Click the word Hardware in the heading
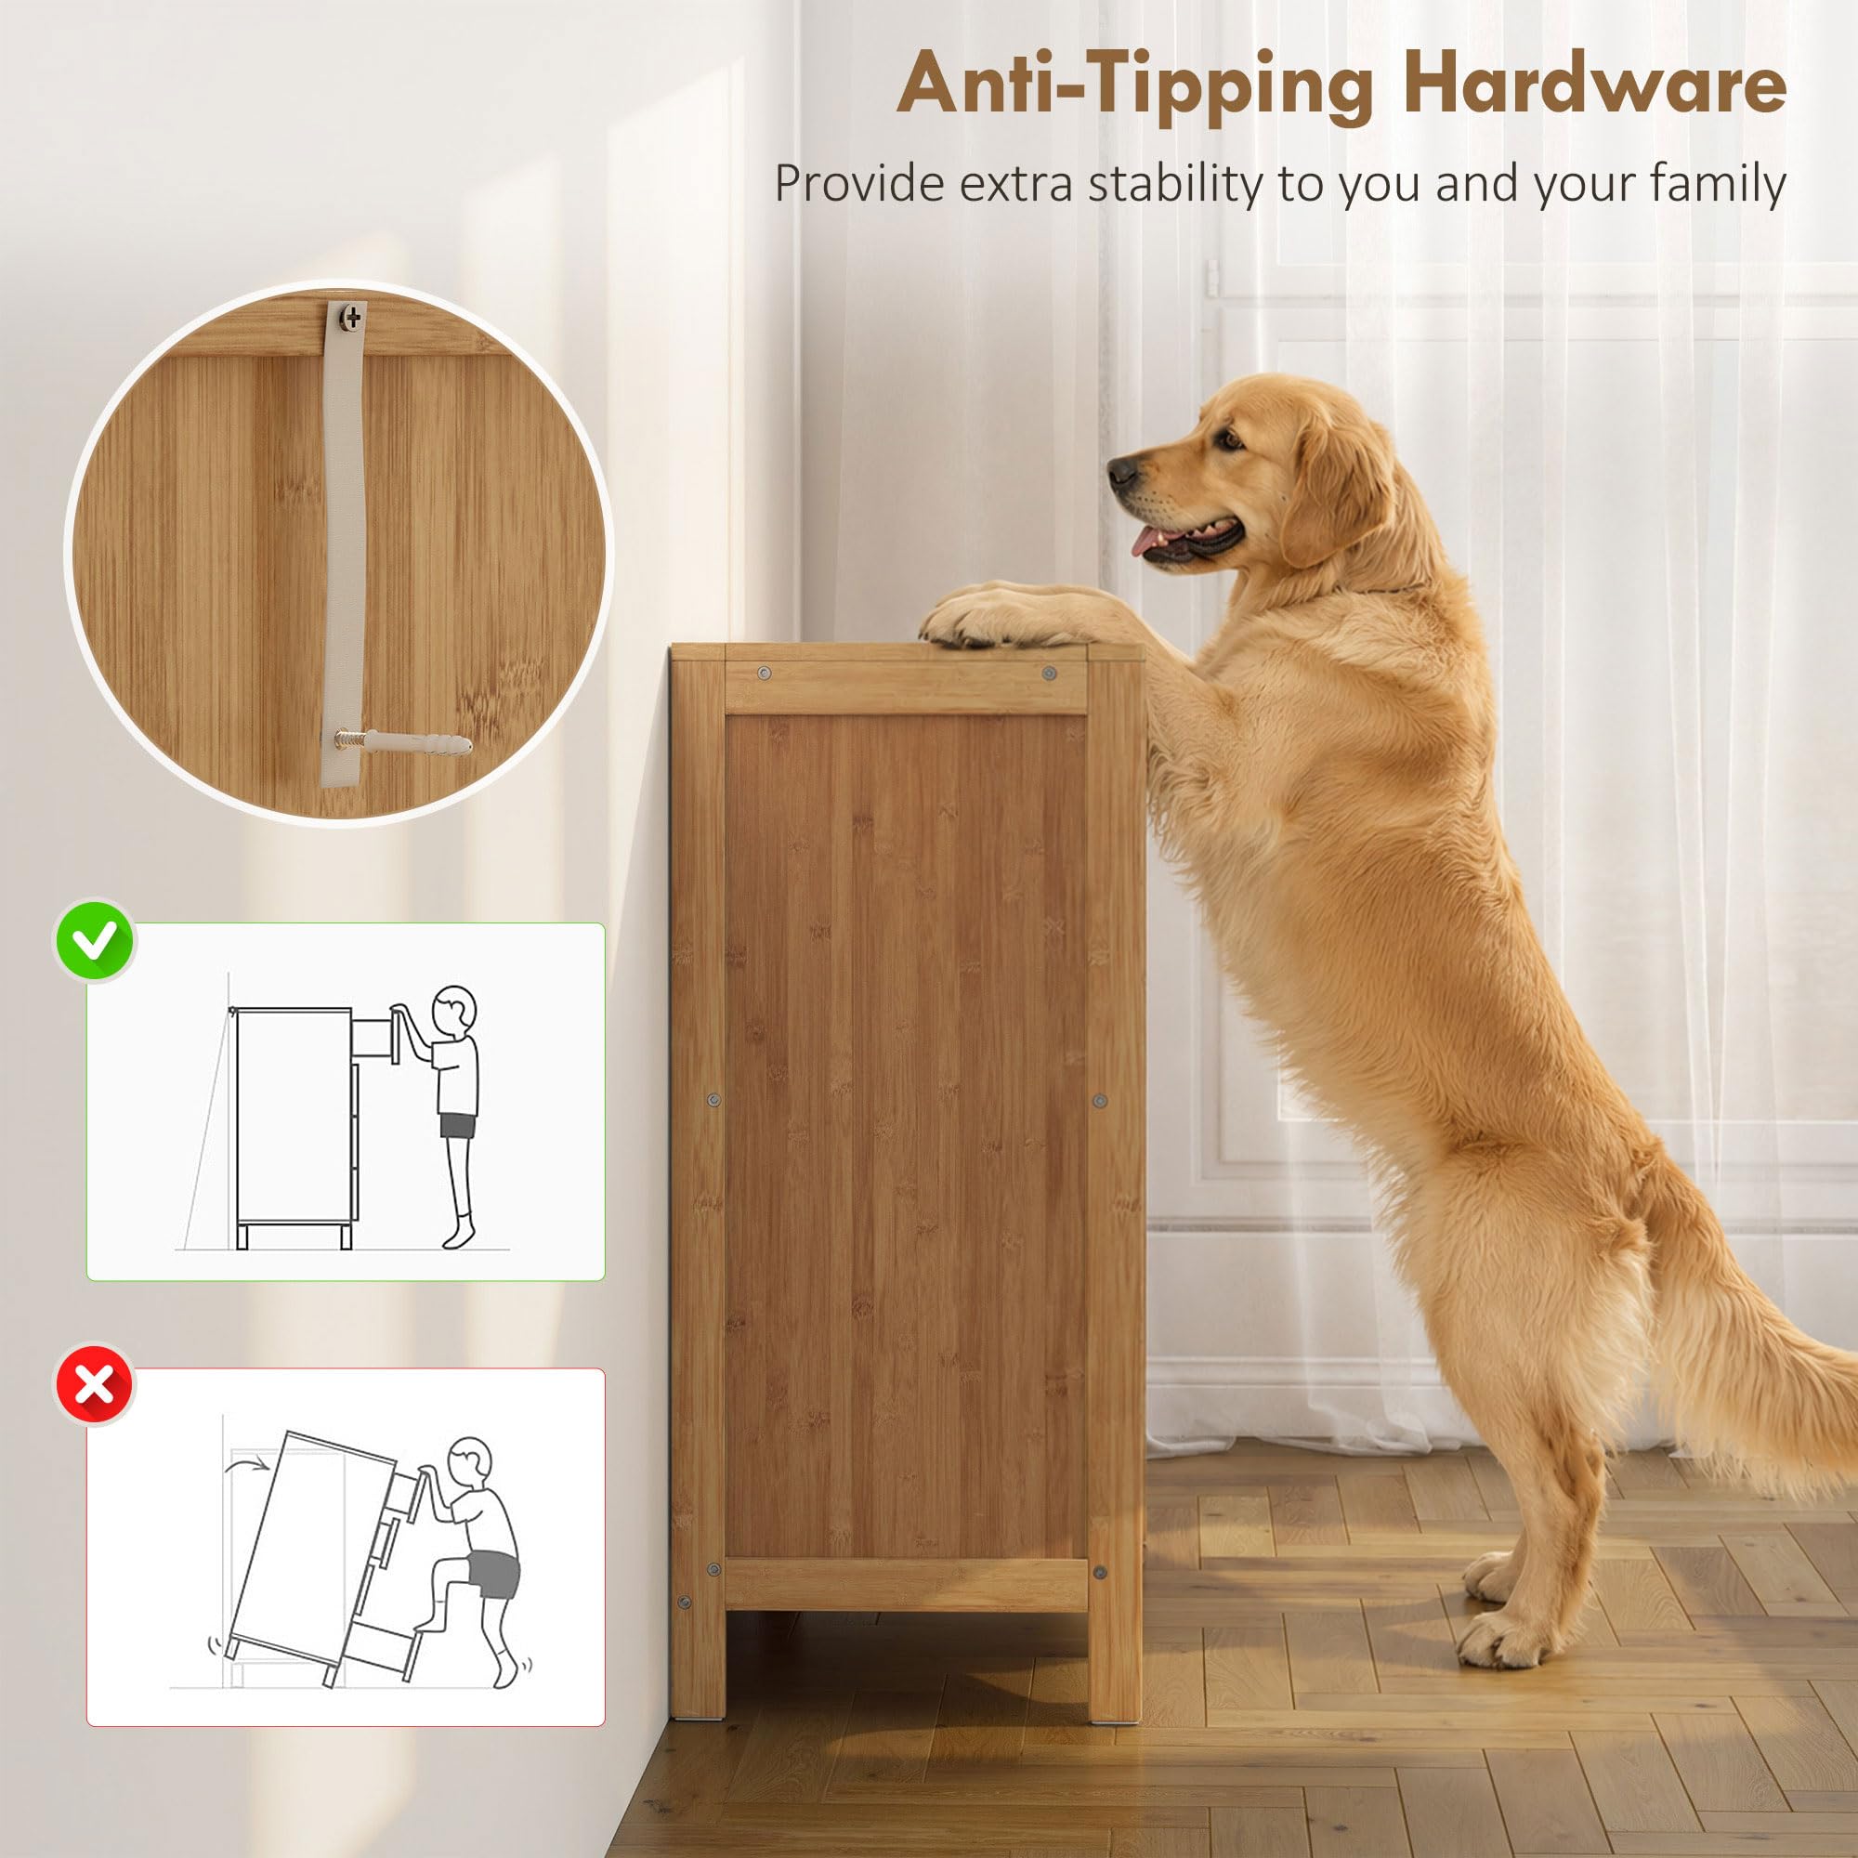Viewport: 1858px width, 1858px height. point(1593,85)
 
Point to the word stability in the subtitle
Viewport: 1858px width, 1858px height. point(1175,183)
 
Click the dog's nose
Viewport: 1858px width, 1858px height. point(1121,471)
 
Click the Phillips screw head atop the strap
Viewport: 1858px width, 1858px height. point(353,317)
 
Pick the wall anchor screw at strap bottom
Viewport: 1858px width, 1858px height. point(402,742)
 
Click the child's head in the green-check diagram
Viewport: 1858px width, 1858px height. point(453,1012)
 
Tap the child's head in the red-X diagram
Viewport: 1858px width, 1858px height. point(471,1466)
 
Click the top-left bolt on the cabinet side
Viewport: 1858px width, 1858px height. point(764,674)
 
